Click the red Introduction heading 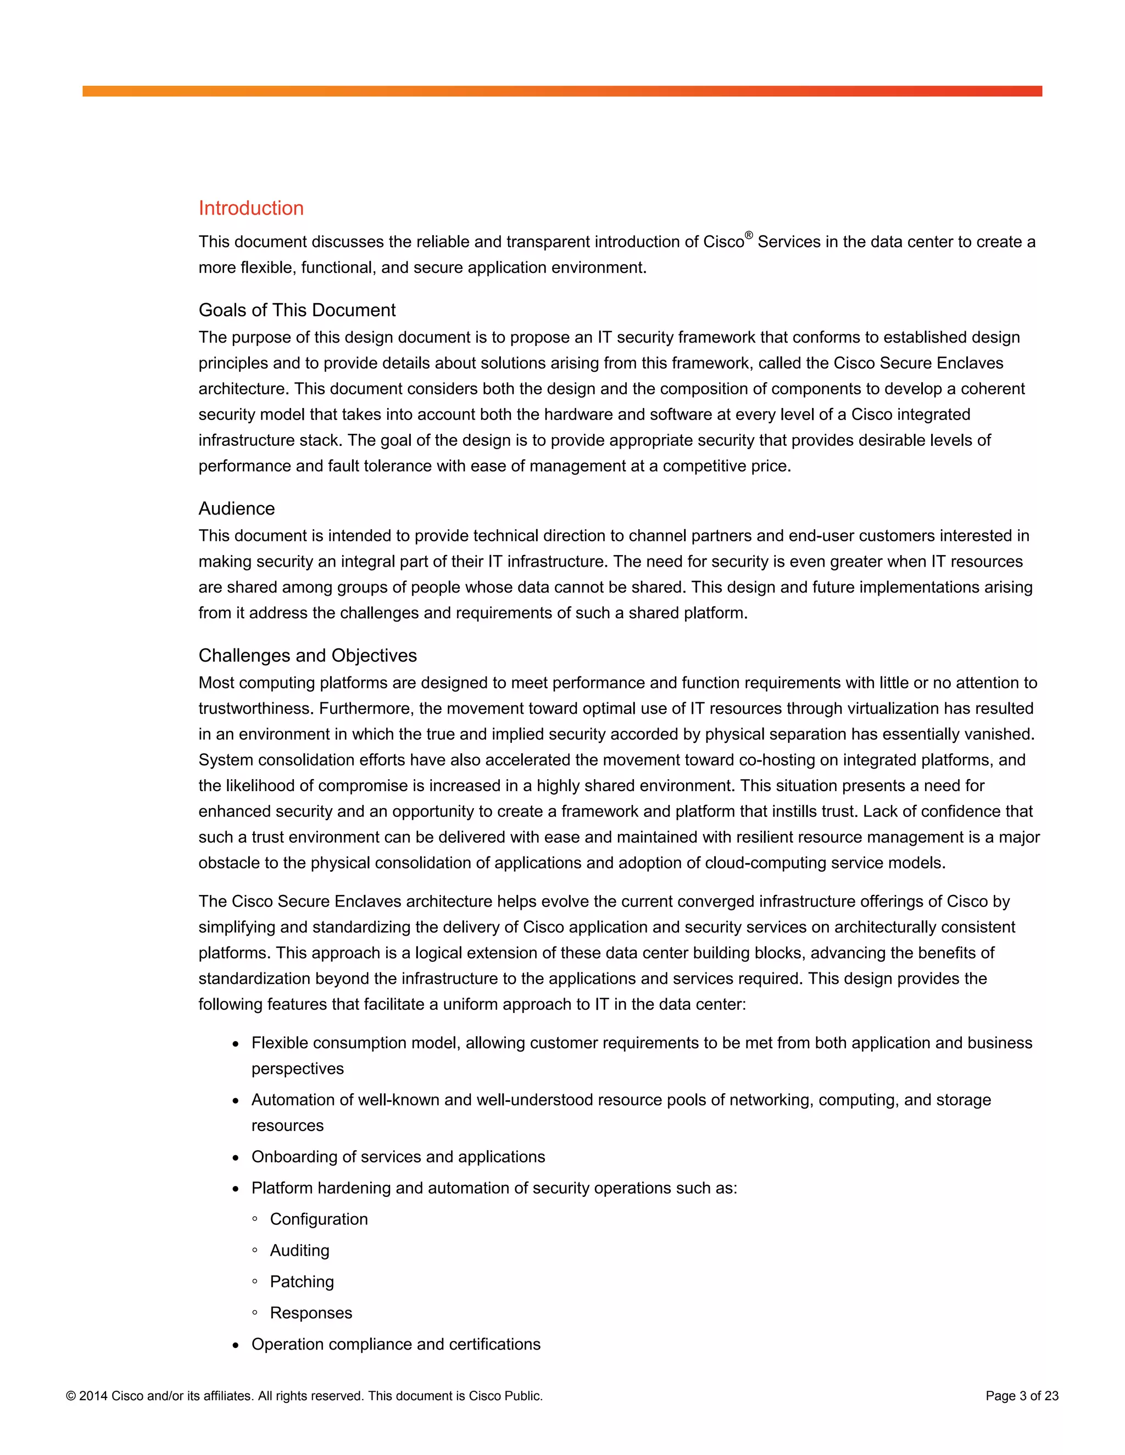coord(250,208)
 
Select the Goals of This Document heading coord(297,310)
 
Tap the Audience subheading coord(237,508)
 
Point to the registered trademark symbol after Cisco coord(749,235)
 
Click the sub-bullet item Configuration coord(319,1219)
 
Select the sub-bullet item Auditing coord(299,1250)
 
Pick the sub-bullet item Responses coord(310,1313)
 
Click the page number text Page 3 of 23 coord(1022,1396)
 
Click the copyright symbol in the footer coord(71,1396)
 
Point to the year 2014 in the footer coord(93,1396)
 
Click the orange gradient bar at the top coord(562,91)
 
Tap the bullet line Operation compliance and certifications coord(396,1345)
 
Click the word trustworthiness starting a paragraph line coord(255,708)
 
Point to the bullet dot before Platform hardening coord(235,1189)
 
